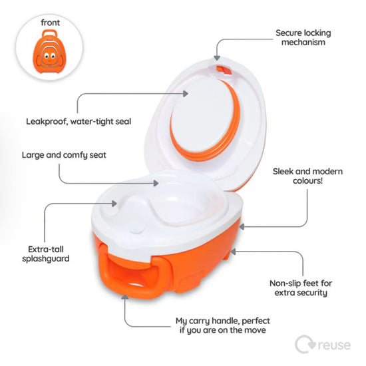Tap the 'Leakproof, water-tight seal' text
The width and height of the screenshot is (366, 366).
[x=79, y=121]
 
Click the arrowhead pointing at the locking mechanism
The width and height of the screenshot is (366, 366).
[x=218, y=56]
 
